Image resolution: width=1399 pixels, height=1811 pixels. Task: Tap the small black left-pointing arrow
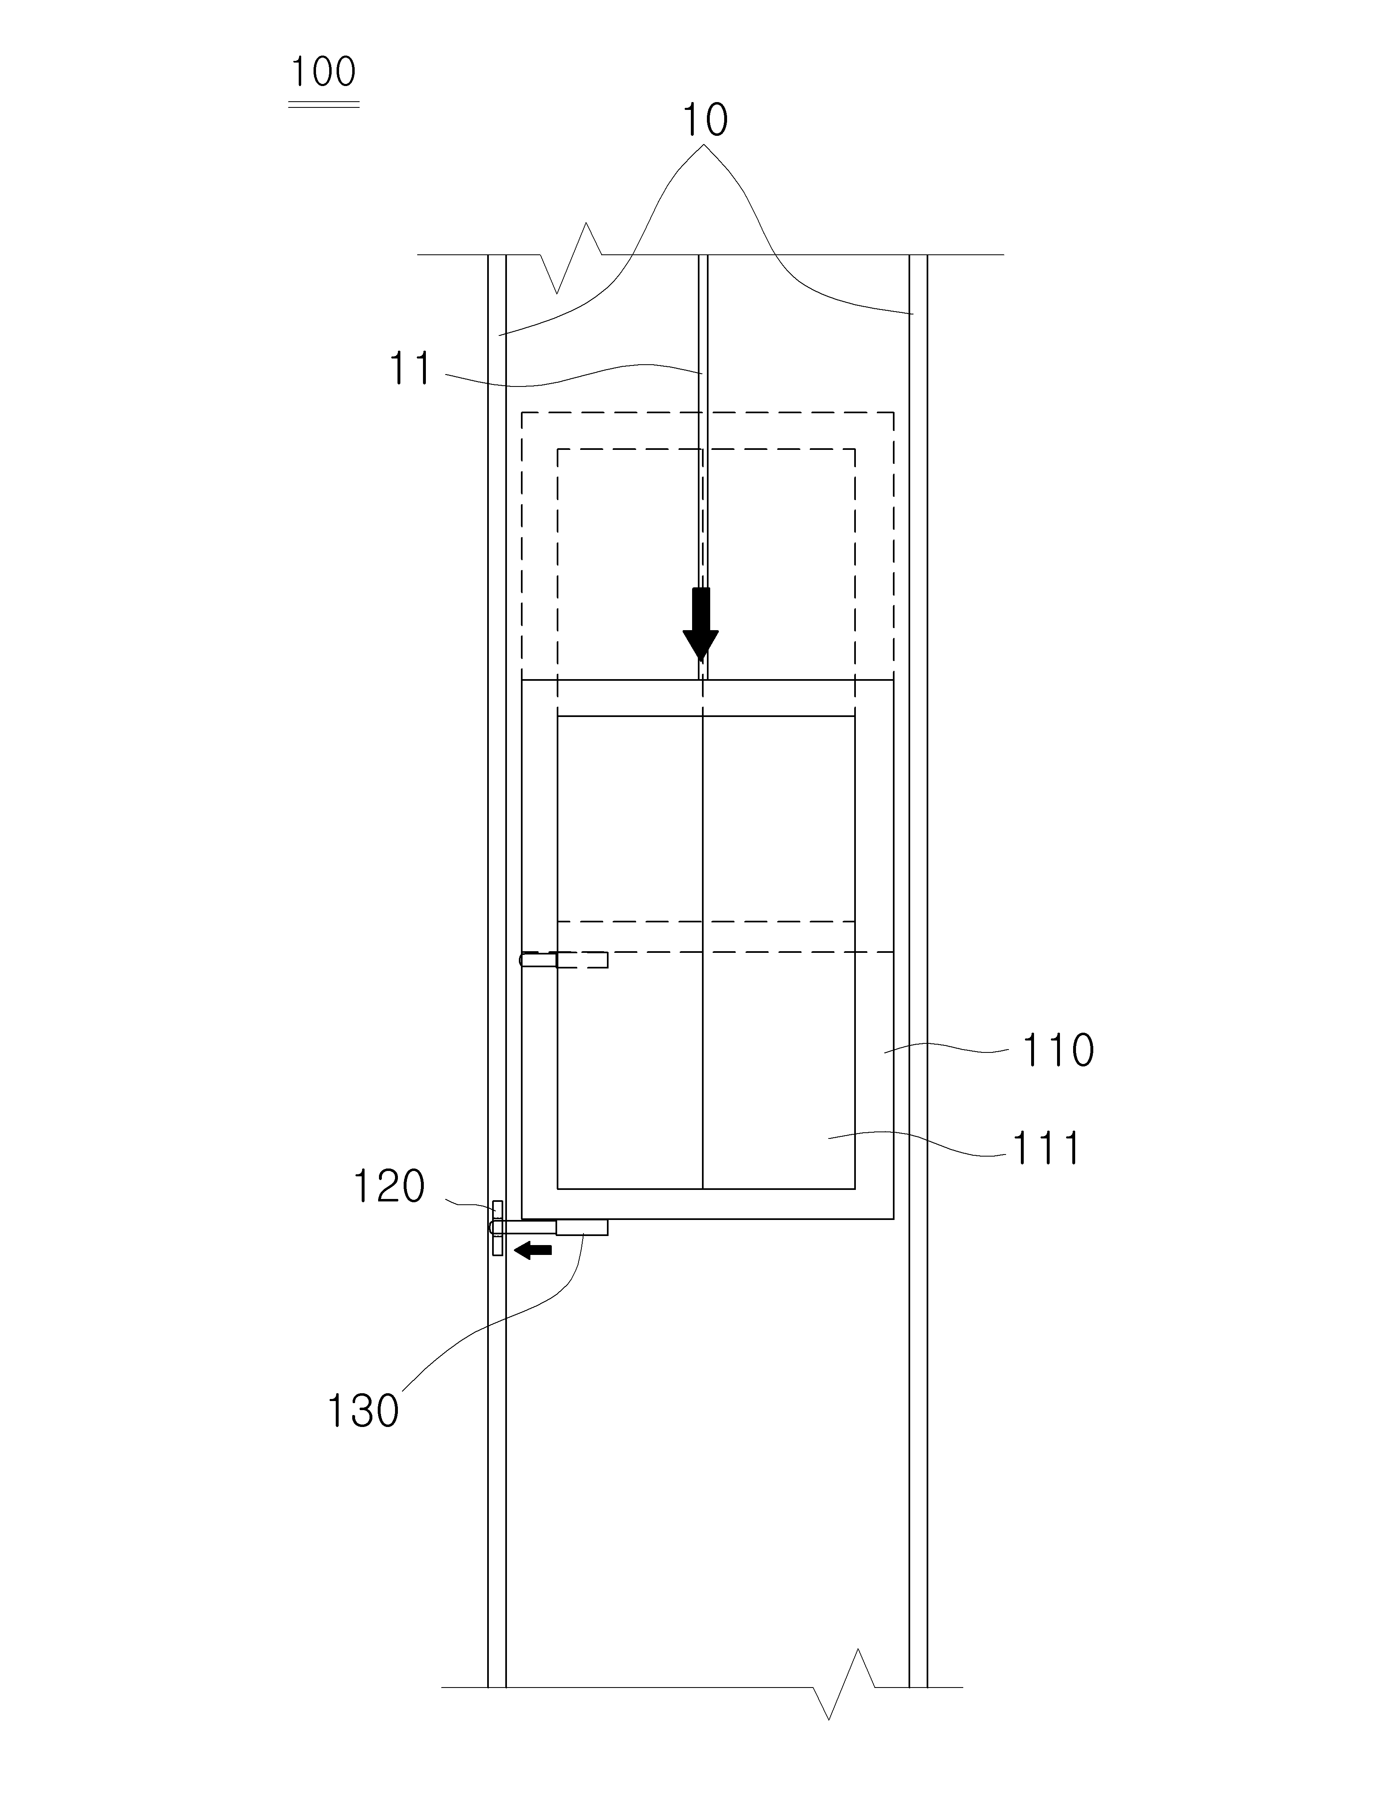pos(533,1250)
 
